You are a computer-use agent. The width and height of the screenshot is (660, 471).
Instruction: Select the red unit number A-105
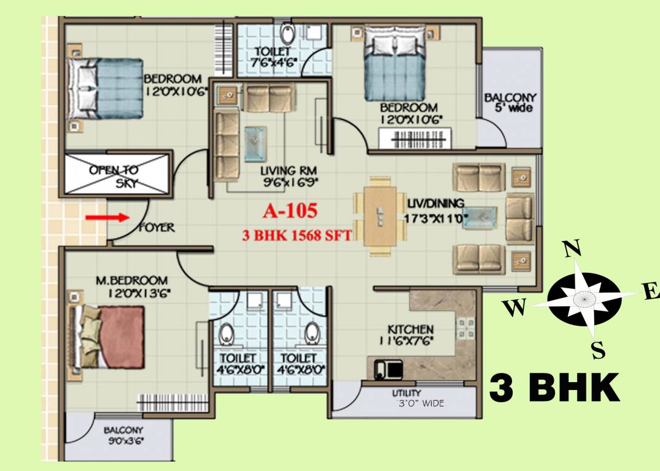coord(290,212)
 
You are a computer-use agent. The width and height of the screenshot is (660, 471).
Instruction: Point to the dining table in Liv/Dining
coord(380,215)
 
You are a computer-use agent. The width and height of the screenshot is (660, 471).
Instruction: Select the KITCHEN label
coord(410,329)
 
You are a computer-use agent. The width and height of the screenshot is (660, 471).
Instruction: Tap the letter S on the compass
coord(598,351)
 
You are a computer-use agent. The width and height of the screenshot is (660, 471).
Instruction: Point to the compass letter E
coord(651,293)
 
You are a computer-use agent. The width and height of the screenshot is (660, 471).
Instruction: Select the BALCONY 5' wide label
coord(510,102)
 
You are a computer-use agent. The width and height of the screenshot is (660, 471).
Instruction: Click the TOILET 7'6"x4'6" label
coord(273,56)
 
